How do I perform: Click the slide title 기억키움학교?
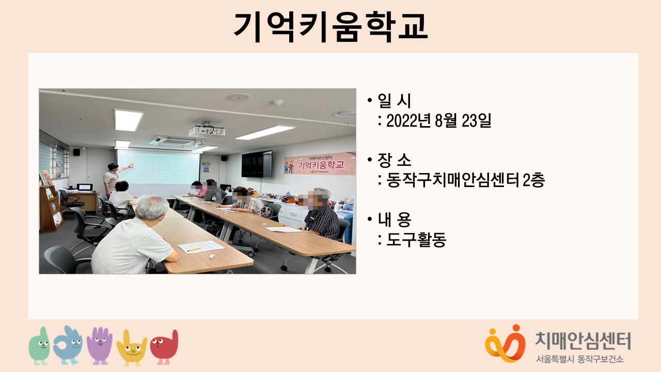(x=330, y=27)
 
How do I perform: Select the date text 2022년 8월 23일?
(x=438, y=120)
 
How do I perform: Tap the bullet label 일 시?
(x=394, y=101)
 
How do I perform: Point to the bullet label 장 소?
(x=394, y=160)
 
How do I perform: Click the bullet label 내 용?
(x=394, y=220)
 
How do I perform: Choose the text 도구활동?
(x=416, y=239)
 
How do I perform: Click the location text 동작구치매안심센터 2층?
(x=465, y=180)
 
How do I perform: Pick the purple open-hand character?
(x=100, y=346)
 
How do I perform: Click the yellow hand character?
(x=132, y=348)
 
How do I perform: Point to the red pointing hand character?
(x=164, y=347)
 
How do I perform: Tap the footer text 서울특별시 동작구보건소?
(x=580, y=359)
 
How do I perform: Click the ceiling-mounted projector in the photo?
(x=207, y=131)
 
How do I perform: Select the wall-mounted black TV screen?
(x=257, y=164)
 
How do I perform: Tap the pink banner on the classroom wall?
(x=320, y=164)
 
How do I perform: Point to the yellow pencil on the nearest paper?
(x=194, y=250)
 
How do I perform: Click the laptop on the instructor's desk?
(x=85, y=187)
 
